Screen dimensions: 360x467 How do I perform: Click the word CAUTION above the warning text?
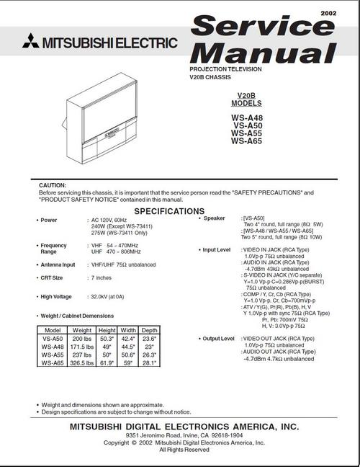[53, 185]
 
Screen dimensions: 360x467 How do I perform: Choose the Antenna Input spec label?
[58, 264]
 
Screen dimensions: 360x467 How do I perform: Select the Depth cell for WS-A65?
[149, 363]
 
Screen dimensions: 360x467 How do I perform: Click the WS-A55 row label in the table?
[52, 355]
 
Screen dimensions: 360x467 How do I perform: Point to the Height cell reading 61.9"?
[107, 363]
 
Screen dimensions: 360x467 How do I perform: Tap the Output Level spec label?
[218, 338]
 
